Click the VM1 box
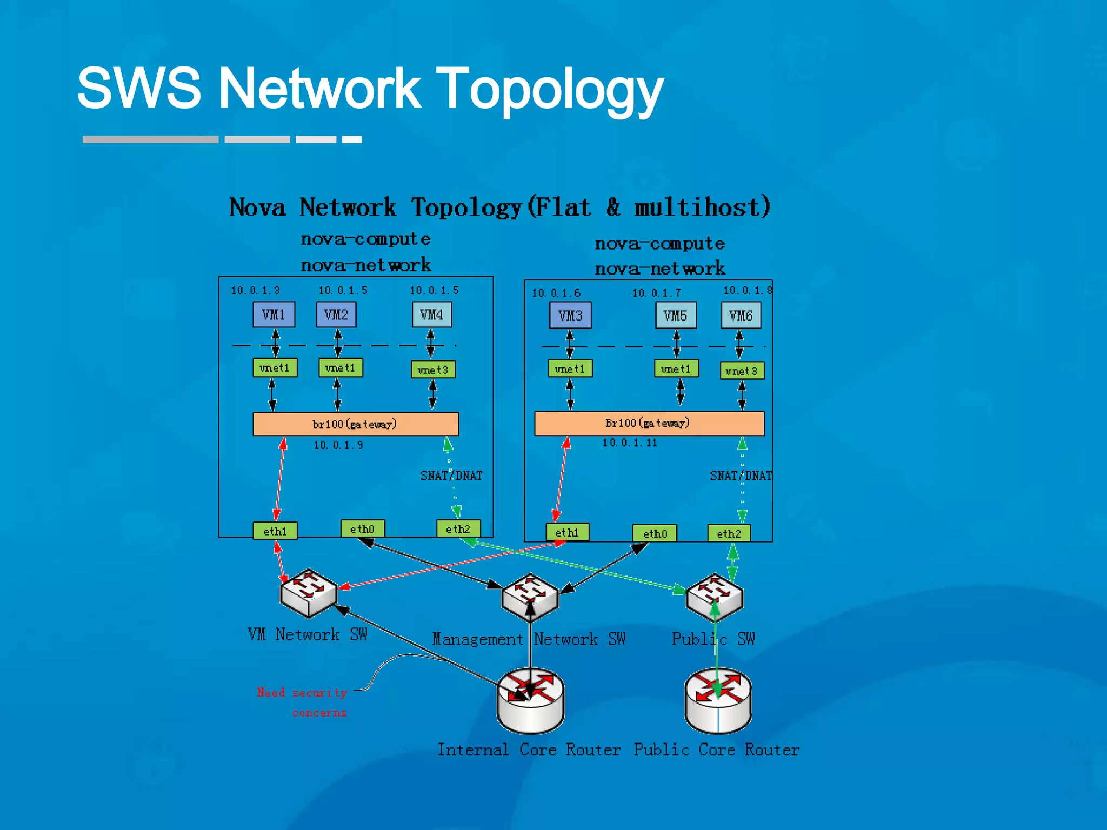pos(274,314)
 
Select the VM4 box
pos(431,314)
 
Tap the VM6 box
pos(741,316)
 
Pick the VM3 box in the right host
pos(570,316)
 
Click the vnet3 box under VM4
pos(432,370)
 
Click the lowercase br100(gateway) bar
pos(355,424)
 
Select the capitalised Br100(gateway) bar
pos(649,423)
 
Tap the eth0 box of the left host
pos(362,528)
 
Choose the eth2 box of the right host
pos(729,533)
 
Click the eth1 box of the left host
pos(275,531)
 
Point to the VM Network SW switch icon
pos(309,593)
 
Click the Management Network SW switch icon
pos(530,597)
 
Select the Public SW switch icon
pos(714,597)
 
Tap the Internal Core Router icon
pos(530,701)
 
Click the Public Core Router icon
pos(718,701)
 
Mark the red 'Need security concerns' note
pos(303,701)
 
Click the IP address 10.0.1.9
pos(338,445)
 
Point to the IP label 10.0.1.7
pos(656,293)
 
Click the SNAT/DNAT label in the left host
pos(451,476)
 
